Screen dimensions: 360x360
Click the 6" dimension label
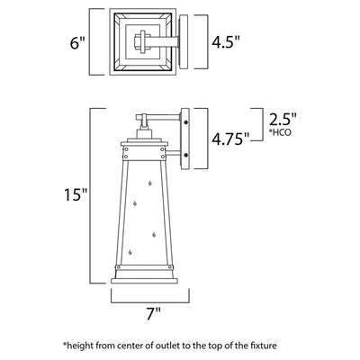(77, 43)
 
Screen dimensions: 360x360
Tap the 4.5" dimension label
(226, 41)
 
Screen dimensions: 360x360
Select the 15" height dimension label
(76, 194)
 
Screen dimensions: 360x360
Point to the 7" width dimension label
(154, 313)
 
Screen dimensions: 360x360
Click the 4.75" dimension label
(230, 139)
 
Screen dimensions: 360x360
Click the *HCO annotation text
(282, 132)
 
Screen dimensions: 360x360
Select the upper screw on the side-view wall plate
(186, 122)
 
